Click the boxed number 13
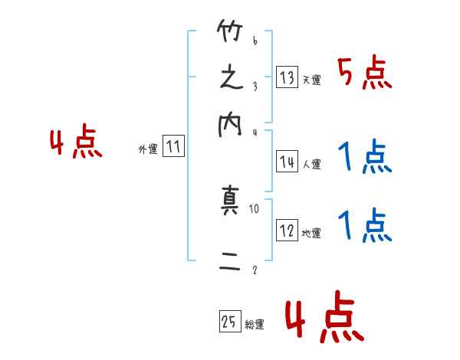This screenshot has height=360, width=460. (287, 77)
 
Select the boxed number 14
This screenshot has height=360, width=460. (287, 162)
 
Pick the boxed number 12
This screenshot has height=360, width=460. (287, 231)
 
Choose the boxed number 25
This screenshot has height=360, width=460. (228, 322)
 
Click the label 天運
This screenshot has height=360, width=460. (311, 80)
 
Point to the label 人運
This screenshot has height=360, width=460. (311, 164)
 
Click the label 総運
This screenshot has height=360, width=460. (255, 325)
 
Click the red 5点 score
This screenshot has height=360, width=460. (365, 74)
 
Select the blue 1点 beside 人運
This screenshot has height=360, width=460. (365, 158)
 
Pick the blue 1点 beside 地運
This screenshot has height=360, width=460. (365, 227)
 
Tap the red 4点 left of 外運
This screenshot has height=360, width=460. (76, 143)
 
